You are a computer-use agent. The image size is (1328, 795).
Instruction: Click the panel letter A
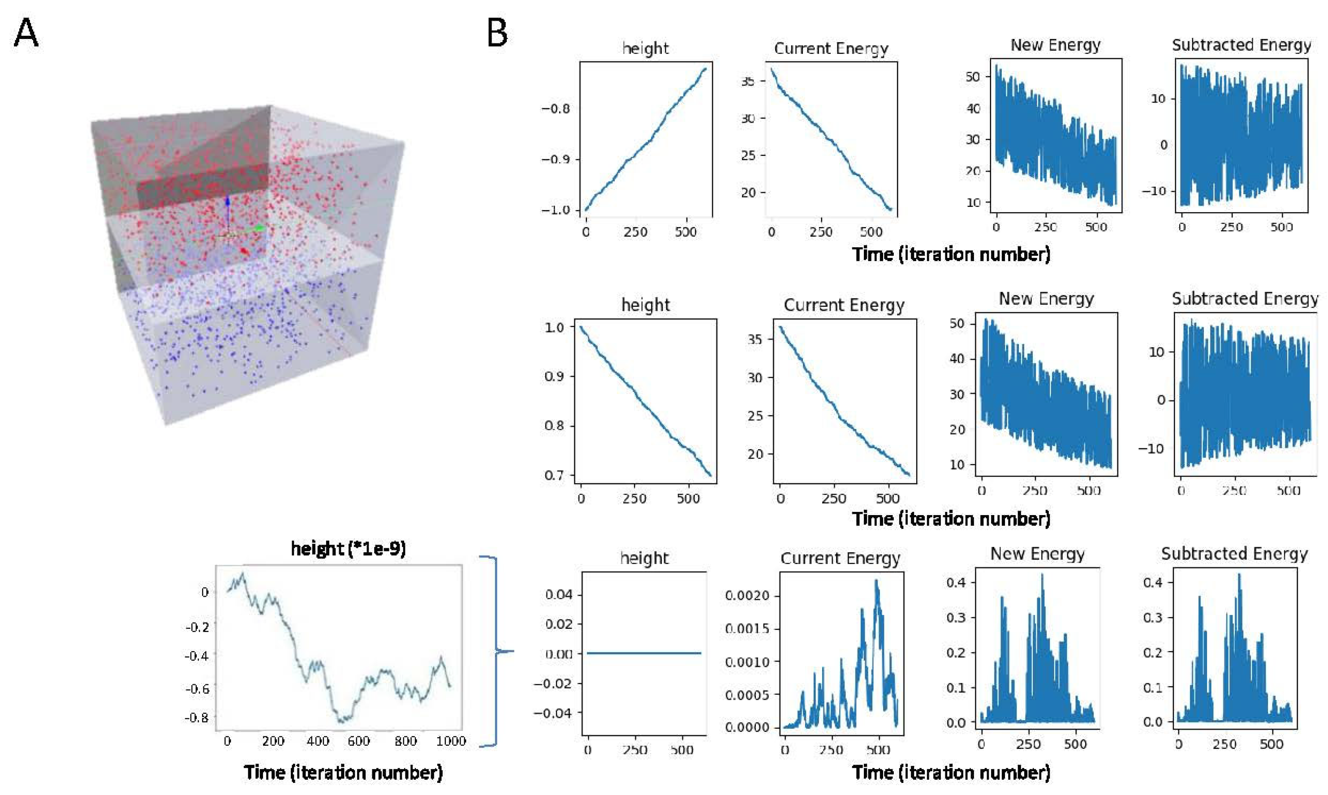pyautogui.click(x=25, y=33)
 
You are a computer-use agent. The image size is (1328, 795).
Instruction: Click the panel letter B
pyautogui.click(x=497, y=33)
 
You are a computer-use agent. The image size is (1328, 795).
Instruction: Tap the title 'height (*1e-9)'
pyautogui.click(x=348, y=549)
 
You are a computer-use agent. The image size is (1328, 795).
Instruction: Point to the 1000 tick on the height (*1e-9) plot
pyautogui.click(x=451, y=741)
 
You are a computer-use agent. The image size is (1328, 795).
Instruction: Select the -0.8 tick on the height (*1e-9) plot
pyautogui.click(x=196, y=718)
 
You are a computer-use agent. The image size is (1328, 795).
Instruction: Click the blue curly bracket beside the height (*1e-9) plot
pyautogui.click(x=496, y=651)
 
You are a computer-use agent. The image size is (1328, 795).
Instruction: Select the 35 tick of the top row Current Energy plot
pyautogui.click(x=748, y=81)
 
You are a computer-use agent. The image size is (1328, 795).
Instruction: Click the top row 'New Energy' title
pyautogui.click(x=1055, y=45)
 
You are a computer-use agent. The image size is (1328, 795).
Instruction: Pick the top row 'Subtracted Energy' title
pyautogui.click(x=1241, y=45)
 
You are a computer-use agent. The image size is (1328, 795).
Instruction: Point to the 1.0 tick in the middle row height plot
pyautogui.click(x=554, y=327)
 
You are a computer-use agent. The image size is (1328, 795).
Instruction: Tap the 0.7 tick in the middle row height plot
pyautogui.click(x=554, y=475)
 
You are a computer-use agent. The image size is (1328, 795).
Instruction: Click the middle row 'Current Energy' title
pyautogui.click(x=844, y=305)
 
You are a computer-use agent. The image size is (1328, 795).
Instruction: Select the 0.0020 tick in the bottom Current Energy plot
pyautogui.click(x=746, y=595)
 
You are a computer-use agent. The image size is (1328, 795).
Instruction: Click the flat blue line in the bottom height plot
pyautogui.click(x=643, y=653)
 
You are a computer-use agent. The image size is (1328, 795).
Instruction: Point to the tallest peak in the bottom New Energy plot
pyautogui.click(x=1042, y=576)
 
